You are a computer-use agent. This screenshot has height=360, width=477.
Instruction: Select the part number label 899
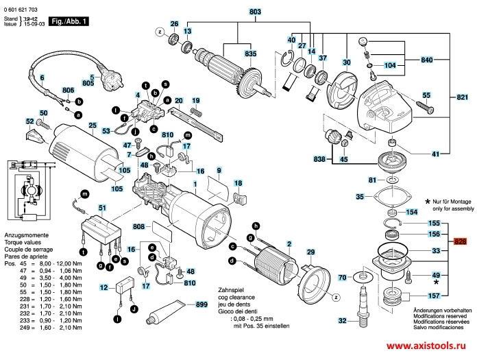tap(201, 304)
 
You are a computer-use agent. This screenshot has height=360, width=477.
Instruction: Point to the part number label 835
tap(250, 53)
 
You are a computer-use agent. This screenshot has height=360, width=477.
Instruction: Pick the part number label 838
tap(319, 158)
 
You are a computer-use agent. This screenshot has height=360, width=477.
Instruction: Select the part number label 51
tap(102, 208)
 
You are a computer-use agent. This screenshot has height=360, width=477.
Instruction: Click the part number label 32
tap(342, 320)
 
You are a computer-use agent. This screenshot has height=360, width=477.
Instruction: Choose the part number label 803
tap(236, 12)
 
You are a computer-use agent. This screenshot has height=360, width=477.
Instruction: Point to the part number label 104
tap(390, 66)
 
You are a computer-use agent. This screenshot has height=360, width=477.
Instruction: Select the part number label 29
tap(310, 253)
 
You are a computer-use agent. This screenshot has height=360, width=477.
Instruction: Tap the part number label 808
tap(138, 226)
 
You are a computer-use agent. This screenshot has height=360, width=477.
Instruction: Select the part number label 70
tap(342, 278)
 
